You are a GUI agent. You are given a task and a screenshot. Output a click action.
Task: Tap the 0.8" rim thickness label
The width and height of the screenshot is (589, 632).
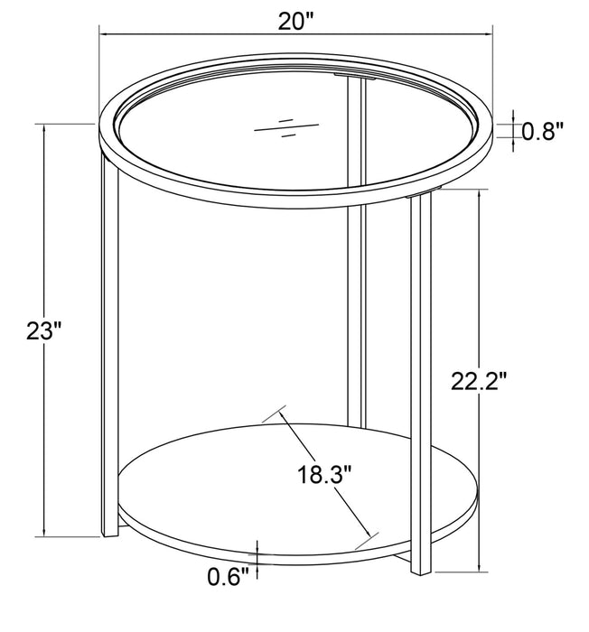click(x=543, y=132)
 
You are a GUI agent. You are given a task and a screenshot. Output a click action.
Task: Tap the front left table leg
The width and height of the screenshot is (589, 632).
click(x=109, y=361)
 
